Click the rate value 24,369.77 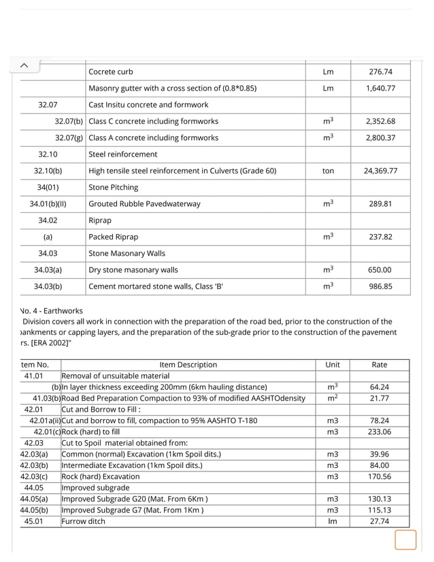[x=380, y=171]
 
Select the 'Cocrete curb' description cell [x=111, y=72]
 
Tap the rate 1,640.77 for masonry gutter [x=380, y=88]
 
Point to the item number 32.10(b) [x=48, y=171]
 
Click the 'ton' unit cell [x=328, y=171]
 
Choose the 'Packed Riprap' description [x=113, y=237]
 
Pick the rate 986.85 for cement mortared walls [x=380, y=286]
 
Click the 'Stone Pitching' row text [x=113, y=187]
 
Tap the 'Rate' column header [x=379, y=365]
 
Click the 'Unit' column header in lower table [x=333, y=365]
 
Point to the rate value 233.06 [x=379, y=431]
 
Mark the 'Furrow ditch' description [x=84, y=521]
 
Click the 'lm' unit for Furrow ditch [x=332, y=521]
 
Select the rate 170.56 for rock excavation [x=379, y=476]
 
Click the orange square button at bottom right [x=405, y=541]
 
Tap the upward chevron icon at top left [x=23, y=65]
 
